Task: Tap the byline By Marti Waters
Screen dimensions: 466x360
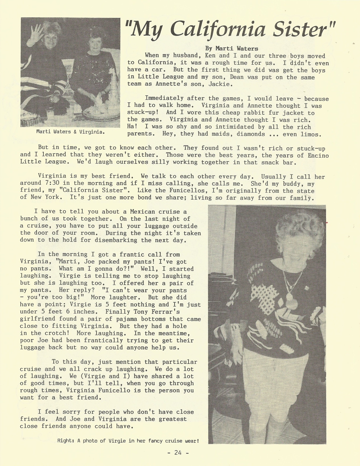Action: pyautogui.click(x=231, y=49)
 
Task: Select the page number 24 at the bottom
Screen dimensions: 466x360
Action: pyautogui.click(x=178, y=452)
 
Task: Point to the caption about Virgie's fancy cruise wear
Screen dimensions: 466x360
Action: pyautogui.click(x=128, y=441)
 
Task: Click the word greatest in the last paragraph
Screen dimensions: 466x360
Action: pyautogui.click(x=173, y=419)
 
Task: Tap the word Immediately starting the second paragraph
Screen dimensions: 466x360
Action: pyautogui.click(x=164, y=98)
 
